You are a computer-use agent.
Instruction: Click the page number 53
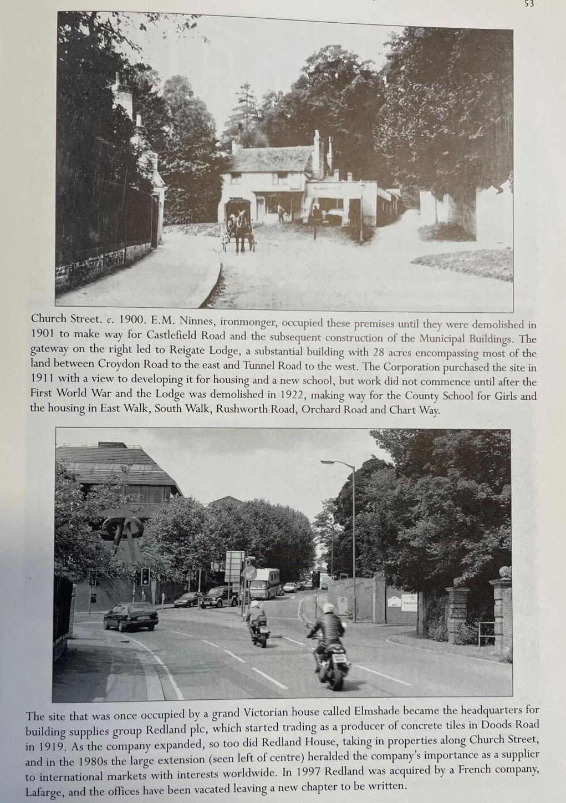[x=528, y=4]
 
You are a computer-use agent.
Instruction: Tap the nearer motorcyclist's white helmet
[x=328, y=608]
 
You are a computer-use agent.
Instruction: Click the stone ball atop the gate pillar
[x=504, y=572]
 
